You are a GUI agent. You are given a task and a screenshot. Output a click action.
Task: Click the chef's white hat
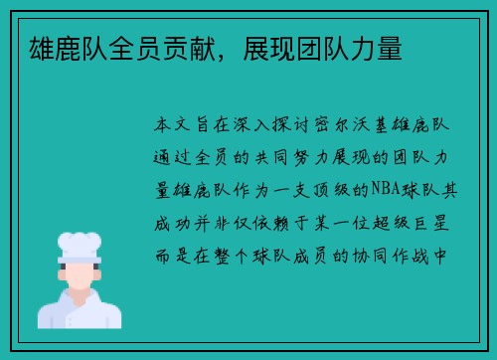coord(80,245)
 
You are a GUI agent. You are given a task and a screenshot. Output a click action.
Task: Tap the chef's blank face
coord(80,272)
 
